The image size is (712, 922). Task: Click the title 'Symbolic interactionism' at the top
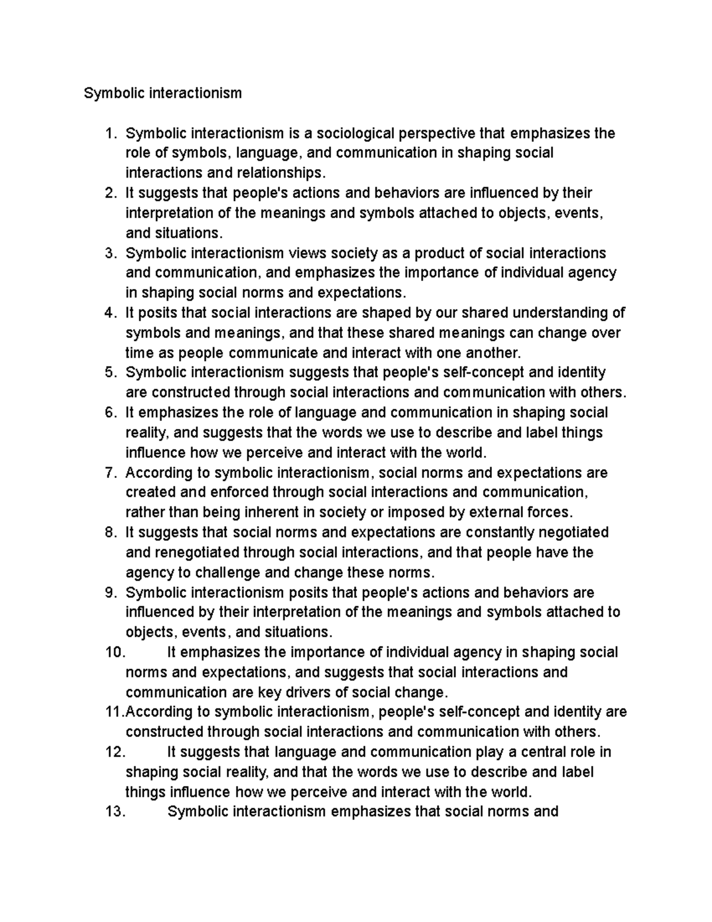[163, 93]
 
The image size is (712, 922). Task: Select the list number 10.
[115, 652]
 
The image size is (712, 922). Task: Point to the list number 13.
[115, 812]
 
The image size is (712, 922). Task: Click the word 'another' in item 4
[492, 353]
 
